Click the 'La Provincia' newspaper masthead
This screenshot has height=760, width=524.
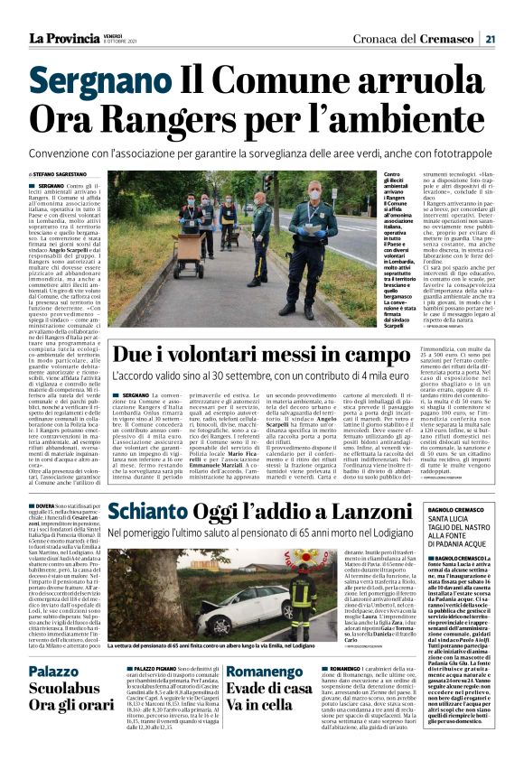point(63,38)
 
